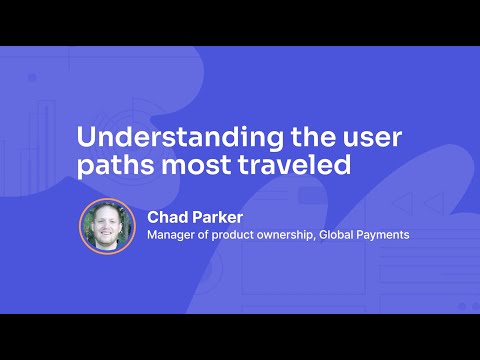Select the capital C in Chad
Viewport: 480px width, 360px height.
click(x=153, y=216)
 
